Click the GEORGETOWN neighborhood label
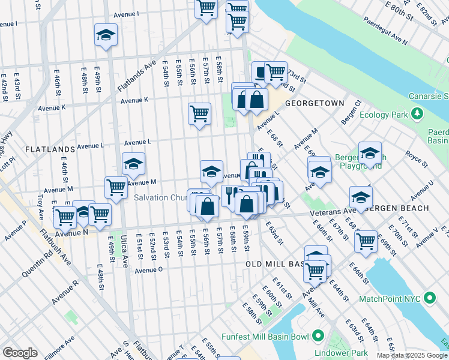(x=314, y=103)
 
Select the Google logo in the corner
(x=20, y=353)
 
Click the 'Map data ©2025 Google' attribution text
(x=411, y=355)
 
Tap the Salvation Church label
(x=160, y=197)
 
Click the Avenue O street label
(x=149, y=270)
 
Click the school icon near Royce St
(x=370, y=153)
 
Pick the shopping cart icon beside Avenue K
(x=199, y=113)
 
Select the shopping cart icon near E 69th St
(x=366, y=241)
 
